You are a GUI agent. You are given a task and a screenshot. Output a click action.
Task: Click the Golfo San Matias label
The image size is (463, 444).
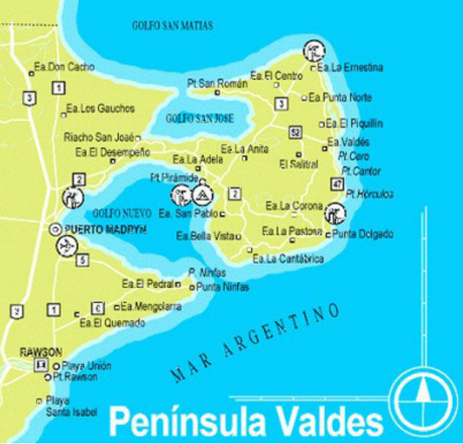172,25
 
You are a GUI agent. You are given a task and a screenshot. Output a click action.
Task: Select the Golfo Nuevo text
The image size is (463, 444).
122,213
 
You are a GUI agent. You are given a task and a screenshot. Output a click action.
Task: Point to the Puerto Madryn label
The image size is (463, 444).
106,229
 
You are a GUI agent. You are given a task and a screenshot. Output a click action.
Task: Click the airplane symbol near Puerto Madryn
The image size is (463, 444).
65,247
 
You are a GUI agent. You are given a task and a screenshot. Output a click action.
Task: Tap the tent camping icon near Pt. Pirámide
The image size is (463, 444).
203,195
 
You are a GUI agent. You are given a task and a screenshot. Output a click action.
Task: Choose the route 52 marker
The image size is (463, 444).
294,132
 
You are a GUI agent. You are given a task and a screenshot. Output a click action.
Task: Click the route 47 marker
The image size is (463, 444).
336,184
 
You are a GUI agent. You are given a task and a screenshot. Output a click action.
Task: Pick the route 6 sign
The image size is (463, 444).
98,307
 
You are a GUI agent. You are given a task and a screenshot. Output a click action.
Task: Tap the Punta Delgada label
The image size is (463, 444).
362,234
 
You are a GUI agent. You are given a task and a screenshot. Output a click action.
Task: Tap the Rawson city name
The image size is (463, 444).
41,351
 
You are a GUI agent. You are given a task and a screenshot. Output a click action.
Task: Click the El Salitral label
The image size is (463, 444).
298,165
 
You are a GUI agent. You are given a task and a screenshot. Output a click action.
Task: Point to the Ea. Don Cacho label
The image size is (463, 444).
65,67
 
